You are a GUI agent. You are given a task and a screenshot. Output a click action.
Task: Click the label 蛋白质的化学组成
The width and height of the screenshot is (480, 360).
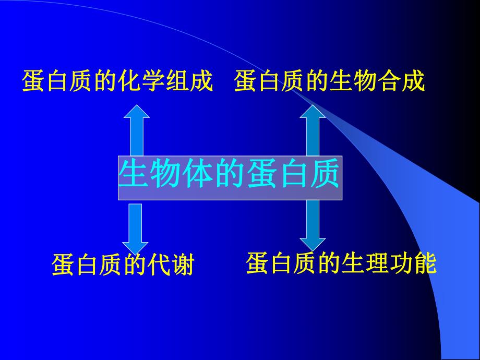tap(117, 82)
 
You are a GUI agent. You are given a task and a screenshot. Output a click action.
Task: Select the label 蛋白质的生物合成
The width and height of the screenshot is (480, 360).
tap(329, 82)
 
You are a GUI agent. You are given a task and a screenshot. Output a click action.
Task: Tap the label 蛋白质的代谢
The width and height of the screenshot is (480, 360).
tap(123, 266)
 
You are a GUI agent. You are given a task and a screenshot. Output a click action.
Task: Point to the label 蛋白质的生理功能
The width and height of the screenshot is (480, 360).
tap(341, 263)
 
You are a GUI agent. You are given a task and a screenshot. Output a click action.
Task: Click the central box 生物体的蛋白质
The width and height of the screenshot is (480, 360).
tap(230, 177)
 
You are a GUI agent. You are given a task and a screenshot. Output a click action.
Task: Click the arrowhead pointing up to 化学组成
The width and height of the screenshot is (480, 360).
tap(136, 113)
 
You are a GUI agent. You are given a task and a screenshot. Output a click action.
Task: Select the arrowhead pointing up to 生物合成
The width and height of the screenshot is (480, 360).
tap(313, 113)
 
